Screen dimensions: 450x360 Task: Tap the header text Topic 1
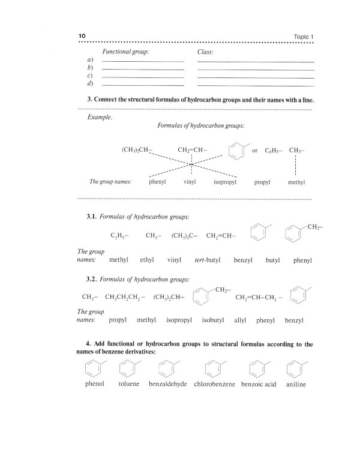[x=301, y=37]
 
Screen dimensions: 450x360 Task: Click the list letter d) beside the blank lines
[x=89, y=84]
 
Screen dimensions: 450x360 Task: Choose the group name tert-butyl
[x=205, y=261]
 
